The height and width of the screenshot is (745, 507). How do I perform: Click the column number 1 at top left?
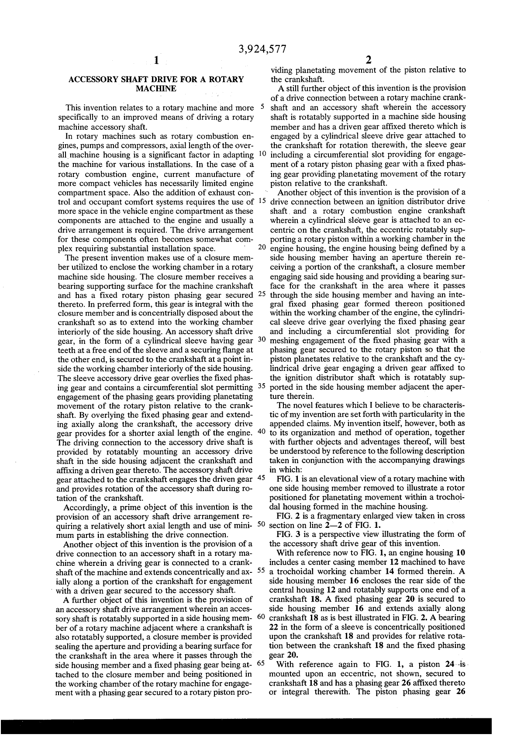coord(156,61)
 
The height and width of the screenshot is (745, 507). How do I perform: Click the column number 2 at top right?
coord(368,61)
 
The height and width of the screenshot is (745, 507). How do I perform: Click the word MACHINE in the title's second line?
coord(156,89)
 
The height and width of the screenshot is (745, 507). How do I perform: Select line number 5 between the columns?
coord(263,107)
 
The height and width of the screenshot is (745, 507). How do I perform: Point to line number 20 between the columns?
coord(262,247)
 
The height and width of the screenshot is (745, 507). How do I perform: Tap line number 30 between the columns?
coord(262,340)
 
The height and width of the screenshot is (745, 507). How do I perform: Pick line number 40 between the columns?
coord(262,432)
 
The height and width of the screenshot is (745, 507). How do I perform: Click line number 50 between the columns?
coord(262,524)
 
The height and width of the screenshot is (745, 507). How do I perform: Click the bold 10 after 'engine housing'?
coord(461,553)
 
